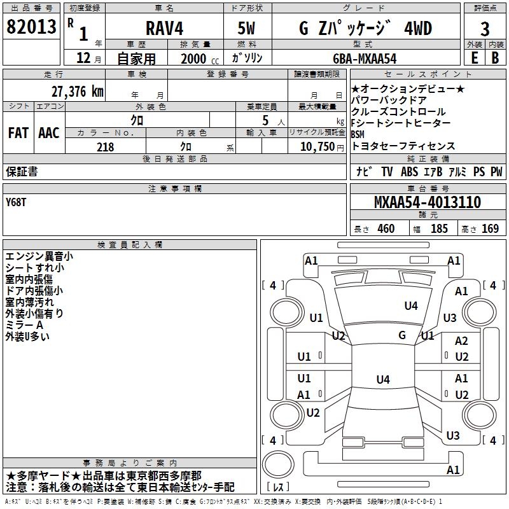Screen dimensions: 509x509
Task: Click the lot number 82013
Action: [31, 27]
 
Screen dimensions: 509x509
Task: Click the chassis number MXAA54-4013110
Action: [427, 203]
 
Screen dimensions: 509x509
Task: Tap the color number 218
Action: [106, 147]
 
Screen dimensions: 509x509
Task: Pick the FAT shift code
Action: [18, 133]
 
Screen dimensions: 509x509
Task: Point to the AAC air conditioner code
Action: [49, 133]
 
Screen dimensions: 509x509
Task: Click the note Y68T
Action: [17, 202]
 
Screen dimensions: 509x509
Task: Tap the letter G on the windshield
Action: [402, 335]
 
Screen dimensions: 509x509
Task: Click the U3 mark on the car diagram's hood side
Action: [450, 317]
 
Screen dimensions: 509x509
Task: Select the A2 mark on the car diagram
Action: [461, 341]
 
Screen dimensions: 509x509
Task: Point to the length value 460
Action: [386, 229]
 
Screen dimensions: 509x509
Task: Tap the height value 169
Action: [491, 229]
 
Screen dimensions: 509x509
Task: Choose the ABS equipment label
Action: [410, 172]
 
